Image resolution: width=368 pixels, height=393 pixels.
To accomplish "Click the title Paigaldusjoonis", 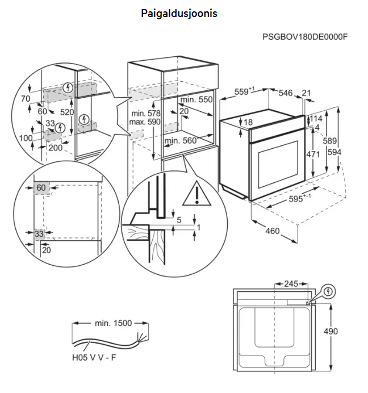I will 179,13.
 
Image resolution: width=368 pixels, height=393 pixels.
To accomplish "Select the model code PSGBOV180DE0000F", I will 304,37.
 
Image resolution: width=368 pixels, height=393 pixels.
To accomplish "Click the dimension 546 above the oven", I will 285,93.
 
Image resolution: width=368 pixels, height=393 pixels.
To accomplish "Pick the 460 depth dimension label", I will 273,231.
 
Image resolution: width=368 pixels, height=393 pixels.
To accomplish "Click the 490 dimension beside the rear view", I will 331,332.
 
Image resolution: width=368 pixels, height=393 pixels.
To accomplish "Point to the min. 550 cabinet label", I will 196,99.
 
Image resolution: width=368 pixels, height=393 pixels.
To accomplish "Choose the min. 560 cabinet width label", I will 180,141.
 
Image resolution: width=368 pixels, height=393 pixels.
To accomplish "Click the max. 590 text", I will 145,122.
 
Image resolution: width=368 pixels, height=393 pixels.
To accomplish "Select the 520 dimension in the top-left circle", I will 68,112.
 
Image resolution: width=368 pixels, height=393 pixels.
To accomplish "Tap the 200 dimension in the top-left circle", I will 55,148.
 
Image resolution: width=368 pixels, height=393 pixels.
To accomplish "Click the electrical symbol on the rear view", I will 328,292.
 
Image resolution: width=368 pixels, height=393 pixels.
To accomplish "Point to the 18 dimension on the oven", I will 248,123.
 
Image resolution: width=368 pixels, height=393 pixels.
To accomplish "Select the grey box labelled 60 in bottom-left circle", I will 41,188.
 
